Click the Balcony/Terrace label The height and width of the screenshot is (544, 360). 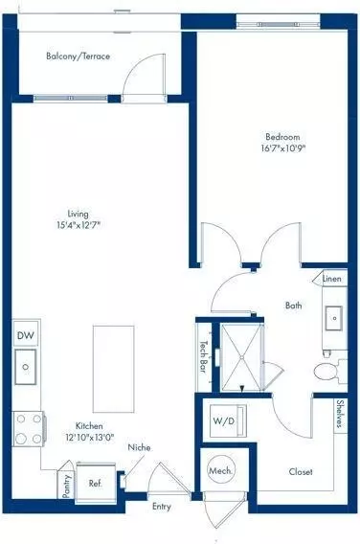[x=79, y=57]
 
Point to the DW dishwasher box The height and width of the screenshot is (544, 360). [x=26, y=336]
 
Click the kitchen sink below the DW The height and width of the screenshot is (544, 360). [x=26, y=364]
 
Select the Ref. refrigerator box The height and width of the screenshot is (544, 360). [x=95, y=484]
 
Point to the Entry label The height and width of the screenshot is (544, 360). [x=162, y=507]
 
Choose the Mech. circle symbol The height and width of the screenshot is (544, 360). [x=218, y=471]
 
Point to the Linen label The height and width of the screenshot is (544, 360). [x=331, y=279]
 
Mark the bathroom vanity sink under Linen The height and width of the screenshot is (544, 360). [x=333, y=316]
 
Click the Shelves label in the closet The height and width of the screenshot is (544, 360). [x=340, y=415]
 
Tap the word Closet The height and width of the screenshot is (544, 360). [x=302, y=471]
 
